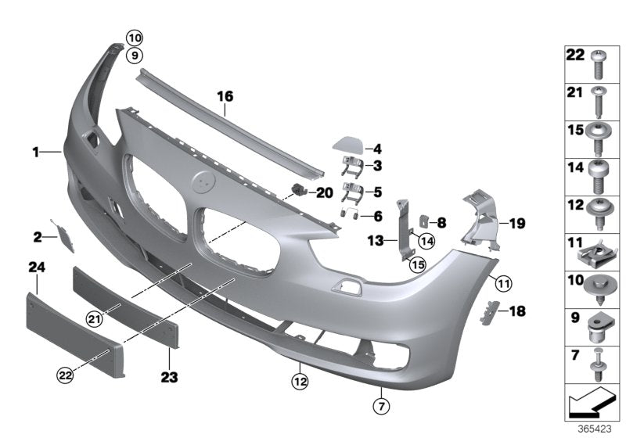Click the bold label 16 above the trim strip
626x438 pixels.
pos(225,97)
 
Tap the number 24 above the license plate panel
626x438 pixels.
pos(37,268)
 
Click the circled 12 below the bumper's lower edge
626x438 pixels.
pos(300,382)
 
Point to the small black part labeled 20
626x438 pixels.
pos(297,189)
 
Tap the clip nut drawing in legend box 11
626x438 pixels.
pos(599,251)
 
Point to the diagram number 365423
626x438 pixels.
pos(596,429)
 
